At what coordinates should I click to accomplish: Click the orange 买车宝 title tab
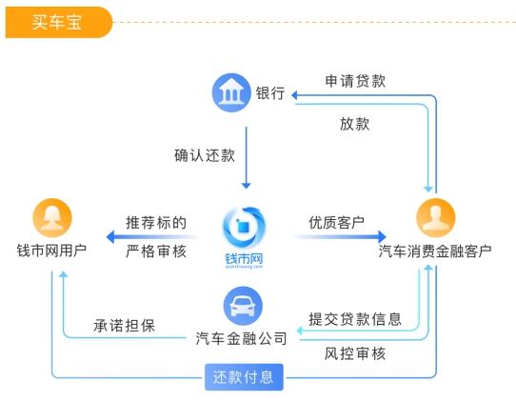57,21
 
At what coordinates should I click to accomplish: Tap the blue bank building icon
229,92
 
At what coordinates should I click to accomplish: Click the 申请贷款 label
355,80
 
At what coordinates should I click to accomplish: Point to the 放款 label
355,123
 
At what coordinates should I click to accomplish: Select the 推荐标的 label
156,222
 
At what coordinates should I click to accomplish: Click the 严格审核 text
156,251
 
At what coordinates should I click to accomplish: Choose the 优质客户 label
336,222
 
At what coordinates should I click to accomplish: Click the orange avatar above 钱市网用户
52,219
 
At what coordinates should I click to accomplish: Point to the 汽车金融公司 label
241,338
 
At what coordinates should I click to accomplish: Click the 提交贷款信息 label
355,318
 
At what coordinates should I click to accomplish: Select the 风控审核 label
355,353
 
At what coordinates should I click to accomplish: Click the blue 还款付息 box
244,377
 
